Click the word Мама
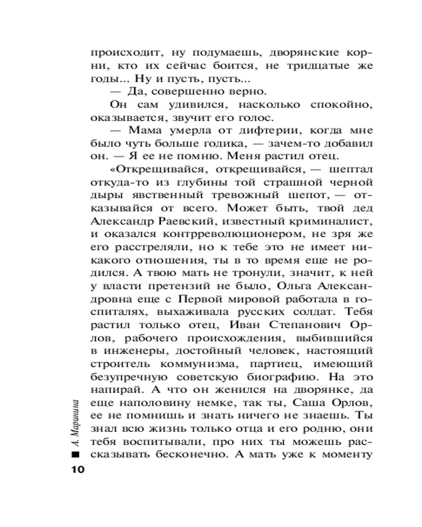click(136, 131)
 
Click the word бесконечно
click(207, 454)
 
